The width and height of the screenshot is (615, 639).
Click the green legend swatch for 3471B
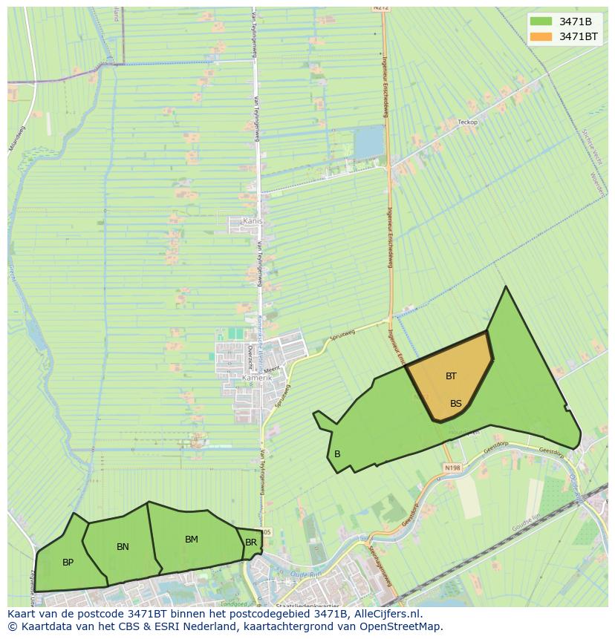tap(541, 22)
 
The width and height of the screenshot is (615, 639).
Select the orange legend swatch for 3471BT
tap(541, 36)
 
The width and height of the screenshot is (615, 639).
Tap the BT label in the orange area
tap(451, 376)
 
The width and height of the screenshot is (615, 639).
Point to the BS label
tap(456, 404)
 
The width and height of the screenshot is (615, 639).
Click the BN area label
tap(123, 547)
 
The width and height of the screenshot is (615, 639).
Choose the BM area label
tap(192, 540)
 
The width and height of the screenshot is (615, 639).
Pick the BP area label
tap(68, 563)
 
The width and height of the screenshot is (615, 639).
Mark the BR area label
tap(251, 543)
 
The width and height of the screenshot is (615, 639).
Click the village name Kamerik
tap(258, 378)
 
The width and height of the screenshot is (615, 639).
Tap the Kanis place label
tap(253, 221)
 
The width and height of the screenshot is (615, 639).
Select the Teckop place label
tap(468, 122)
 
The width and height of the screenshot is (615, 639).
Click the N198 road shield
tap(452, 468)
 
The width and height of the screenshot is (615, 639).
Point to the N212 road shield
tap(382, 7)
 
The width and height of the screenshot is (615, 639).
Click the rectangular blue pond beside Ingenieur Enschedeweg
tap(369, 142)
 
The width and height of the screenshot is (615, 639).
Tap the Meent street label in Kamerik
tap(272, 369)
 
